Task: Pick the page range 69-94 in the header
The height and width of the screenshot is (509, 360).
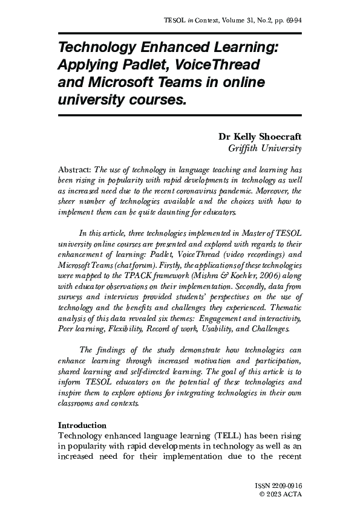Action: [x=292, y=21]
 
